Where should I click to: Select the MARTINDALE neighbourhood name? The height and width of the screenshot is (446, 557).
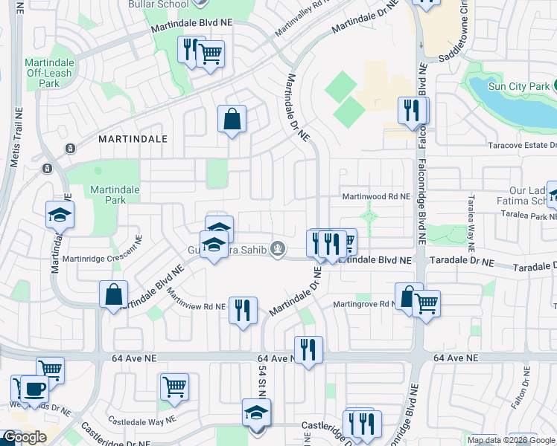[x=132, y=138]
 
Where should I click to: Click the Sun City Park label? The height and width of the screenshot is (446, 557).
[x=518, y=86]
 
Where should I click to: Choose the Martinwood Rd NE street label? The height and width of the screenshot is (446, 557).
[x=376, y=197]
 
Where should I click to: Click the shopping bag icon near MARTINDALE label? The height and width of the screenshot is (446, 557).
[x=232, y=118]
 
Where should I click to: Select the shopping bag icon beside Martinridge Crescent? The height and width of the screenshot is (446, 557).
[x=113, y=294]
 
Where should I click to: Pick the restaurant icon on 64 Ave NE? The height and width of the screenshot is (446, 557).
[x=308, y=349]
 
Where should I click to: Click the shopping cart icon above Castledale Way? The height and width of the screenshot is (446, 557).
[x=174, y=386]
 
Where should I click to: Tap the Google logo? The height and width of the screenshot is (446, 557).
[x=24, y=438]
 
